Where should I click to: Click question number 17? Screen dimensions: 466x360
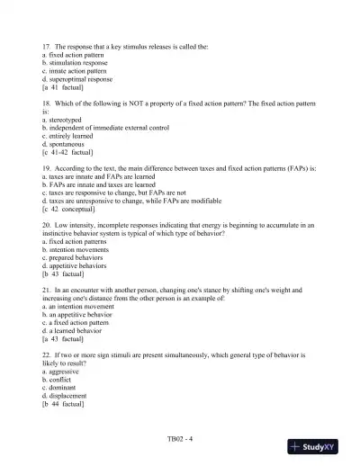pos(46,44)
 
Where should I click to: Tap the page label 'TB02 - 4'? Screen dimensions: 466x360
pos(180,438)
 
